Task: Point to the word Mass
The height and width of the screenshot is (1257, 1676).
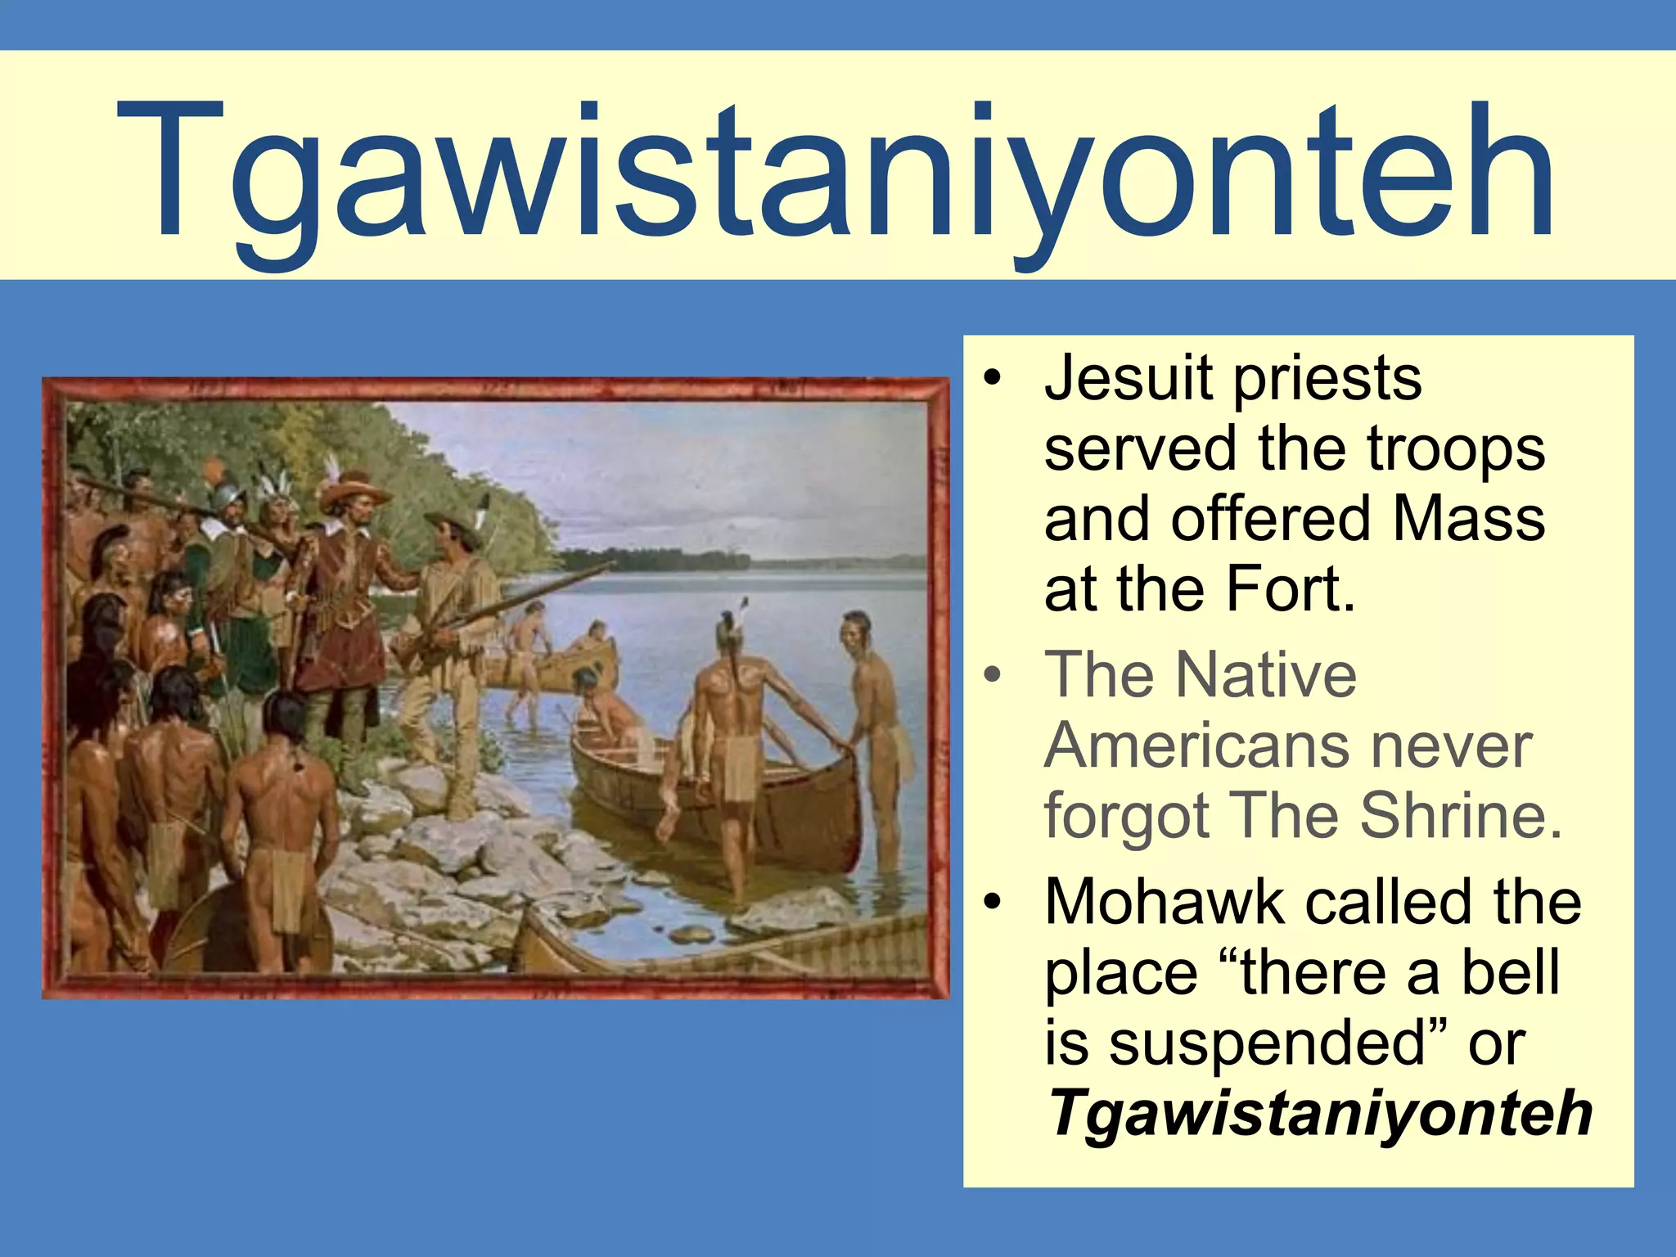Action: pyautogui.click(x=1468, y=519)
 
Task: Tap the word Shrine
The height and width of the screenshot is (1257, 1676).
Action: pyautogui.click(x=1462, y=816)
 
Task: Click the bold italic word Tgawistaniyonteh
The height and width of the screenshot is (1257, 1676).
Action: pyautogui.click(x=1319, y=1113)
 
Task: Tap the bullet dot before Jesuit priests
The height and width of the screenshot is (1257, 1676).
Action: pyautogui.click(x=993, y=380)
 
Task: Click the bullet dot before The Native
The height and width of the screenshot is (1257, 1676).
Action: pyautogui.click(x=993, y=676)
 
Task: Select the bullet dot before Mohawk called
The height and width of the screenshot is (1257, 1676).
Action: pyautogui.click(x=993, y=903)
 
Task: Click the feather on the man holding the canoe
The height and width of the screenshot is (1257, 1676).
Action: pyautogui.click(x=743, y=609)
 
